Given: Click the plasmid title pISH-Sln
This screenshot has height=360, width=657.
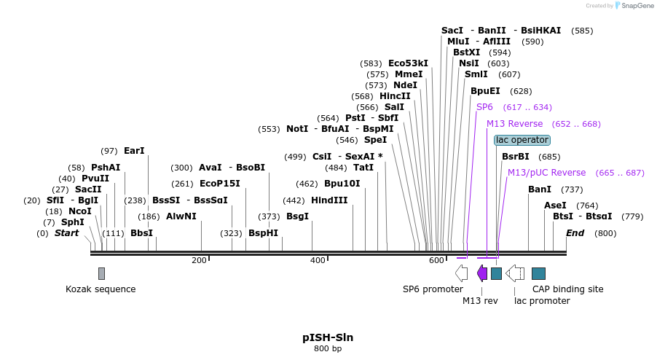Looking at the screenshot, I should coord(328,337).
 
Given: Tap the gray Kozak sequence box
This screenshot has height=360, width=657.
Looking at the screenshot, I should coord(101,273).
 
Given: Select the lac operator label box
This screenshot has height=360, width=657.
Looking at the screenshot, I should coord(522,140).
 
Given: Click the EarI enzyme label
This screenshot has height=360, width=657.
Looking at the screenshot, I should coord(134,151).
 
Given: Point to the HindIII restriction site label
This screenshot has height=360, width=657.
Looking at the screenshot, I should coord(329,200).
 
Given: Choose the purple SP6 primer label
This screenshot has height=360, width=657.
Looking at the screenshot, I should coord(484,107).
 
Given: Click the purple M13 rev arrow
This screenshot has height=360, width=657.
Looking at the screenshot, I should coord(482,273).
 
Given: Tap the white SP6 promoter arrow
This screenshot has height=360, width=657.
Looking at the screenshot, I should coord(461,273).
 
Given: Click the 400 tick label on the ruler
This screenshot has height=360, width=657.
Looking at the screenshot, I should coord(318,261).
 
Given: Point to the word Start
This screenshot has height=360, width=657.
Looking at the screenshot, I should coord(66,233).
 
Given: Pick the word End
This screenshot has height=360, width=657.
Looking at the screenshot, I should coord(575,233).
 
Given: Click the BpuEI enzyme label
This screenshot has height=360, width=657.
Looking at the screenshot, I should coord(485,91).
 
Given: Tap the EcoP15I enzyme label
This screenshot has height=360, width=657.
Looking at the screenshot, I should coord(219,184).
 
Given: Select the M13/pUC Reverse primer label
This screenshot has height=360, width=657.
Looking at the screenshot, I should coord(546,173).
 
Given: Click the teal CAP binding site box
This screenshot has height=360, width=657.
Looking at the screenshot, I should coord(538,273).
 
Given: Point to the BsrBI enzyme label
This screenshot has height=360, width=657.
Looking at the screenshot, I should coord(515,157).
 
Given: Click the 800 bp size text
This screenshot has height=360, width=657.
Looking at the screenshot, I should coord(328,349).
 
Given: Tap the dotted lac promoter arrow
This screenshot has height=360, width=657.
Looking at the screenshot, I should coord(515,273).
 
